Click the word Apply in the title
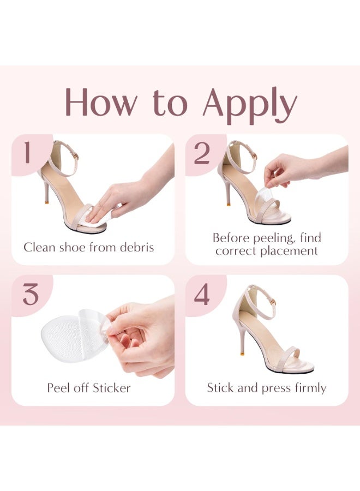click(250, 104)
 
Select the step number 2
click(201, 153)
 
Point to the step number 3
click(30, 295)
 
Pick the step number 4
click(202, 295)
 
